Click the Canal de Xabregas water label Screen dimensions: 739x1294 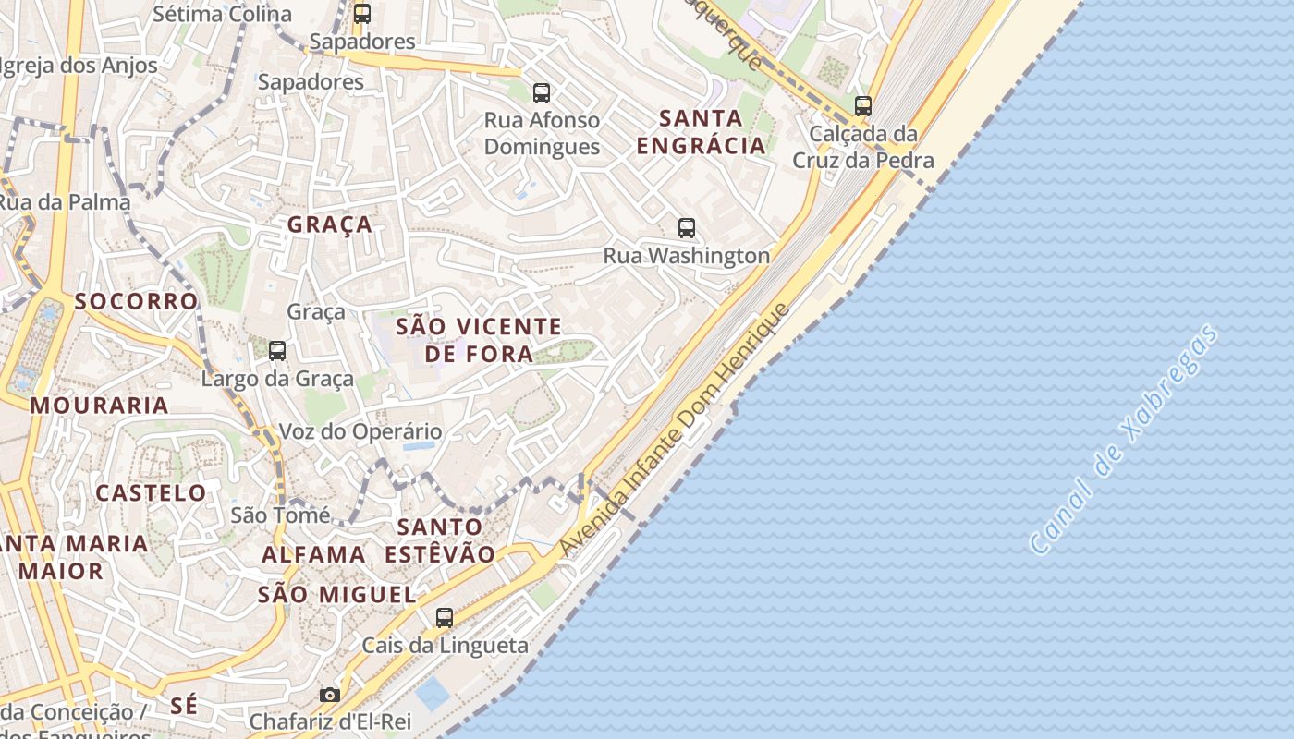(1123, 440)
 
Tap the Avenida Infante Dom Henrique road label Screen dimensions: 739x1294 (675, 430)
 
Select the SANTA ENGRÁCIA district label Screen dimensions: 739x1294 (702, 131)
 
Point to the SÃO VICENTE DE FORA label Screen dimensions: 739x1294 (479, 340)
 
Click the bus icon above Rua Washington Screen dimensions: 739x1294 (686, 228)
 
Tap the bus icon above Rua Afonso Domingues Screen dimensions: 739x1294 (542, 93)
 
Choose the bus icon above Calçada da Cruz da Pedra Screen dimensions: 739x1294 (863, 106)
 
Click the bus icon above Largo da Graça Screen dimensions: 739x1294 (276, 351)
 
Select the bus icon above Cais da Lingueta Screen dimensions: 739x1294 (445, 618)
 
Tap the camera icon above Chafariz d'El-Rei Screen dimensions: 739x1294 (330, 695)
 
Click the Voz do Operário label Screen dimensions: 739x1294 (360, 431)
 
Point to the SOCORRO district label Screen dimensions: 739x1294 (136, 301)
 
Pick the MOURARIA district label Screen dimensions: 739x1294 (99, 406)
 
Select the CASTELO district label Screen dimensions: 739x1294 (152, 492)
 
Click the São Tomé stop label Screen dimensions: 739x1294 (280, 515)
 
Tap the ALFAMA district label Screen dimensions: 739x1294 (313, 554)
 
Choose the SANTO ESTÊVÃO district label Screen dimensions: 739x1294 (440, 540)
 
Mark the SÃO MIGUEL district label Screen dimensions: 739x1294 (336, 594)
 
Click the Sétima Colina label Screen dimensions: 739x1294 (222, 14)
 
